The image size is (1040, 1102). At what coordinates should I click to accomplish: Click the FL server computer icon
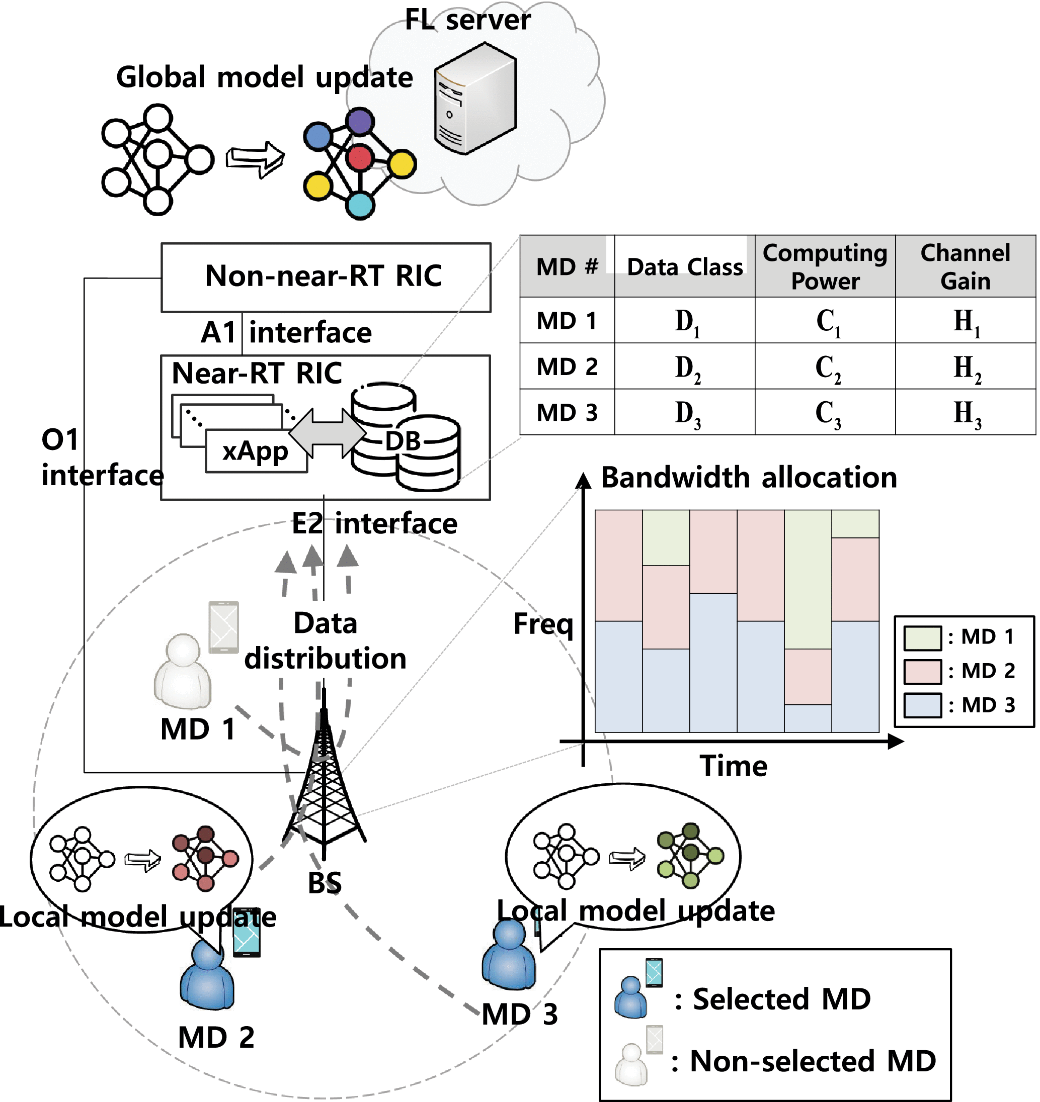pyautogui.click(x=475, y=100)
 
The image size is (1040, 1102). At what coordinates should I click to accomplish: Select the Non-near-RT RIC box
pyautogui.click(x=326, y=277)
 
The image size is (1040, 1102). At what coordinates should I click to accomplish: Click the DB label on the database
pyautogui.click(x=403, y=441)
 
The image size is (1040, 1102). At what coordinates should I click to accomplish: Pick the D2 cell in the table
pyautogui.click(x=687, y=367)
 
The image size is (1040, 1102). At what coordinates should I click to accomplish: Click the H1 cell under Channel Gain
pyautogui.click(x=967, y=322)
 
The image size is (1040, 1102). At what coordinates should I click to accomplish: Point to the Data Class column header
pyautogui.click(x=684, y=267)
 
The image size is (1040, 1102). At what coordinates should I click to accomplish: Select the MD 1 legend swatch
pyautogui.click(x=922, y=637)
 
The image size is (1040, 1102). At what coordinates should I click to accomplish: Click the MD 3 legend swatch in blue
pyautogui.click(x=922, y=706)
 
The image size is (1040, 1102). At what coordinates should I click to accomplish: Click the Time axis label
pyautogui.click(x=733, y=766)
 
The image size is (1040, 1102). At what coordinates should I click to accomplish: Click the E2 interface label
pyautogui.click(x=375, y=524)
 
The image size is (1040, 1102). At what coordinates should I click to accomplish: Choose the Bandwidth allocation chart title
pyautogui.click(x=749, y=478)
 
